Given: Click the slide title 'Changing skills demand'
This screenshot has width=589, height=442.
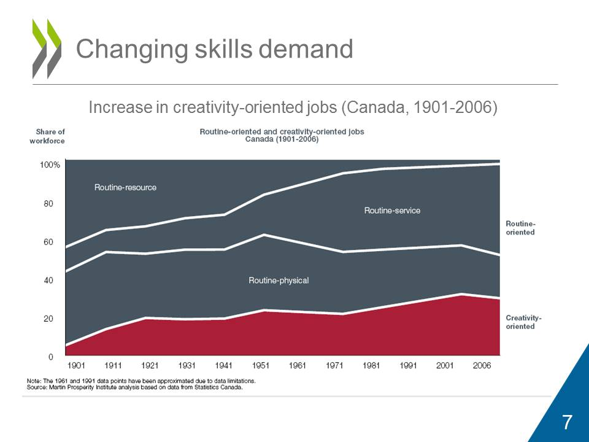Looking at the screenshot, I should (x=214, y=49).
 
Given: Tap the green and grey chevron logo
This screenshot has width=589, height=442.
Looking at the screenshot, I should (x=47, y=48).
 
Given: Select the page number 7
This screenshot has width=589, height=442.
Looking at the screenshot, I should (x=567, y=422).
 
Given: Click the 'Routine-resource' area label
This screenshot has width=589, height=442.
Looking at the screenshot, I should (x=125, y=187).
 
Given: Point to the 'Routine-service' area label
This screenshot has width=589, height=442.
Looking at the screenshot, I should (x=392, y=211).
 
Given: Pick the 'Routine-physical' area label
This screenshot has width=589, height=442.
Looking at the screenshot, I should (x=279, y=281).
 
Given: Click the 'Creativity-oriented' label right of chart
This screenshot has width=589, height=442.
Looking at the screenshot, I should (x=523, y=322).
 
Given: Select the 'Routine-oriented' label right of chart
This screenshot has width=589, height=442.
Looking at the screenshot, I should (x=520, y=228).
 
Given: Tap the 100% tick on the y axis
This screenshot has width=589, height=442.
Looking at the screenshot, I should (x=50, y=165).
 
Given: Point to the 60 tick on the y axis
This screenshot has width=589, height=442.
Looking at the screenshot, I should (x=47, y=242).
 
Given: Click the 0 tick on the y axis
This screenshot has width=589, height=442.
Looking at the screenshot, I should (x=50, y=357).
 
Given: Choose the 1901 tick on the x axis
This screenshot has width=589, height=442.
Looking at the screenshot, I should (x=76, y=366).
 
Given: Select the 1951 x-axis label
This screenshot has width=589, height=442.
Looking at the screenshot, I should (x=261, y=366).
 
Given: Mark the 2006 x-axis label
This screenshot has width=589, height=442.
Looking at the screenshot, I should (x=482, y=366).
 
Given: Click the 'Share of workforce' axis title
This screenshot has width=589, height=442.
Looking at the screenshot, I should (x=47, y=136).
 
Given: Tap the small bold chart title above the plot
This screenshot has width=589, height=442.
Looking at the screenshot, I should (x=282, y=135).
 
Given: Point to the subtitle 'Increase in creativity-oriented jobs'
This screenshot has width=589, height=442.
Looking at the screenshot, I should (x=293, y=107).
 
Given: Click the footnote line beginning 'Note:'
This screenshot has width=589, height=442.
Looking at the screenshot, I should (x=141, y=381).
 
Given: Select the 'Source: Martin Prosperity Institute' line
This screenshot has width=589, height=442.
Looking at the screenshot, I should (x=135, y=387).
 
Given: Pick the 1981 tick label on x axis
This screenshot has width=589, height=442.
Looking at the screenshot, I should (x=371, y=366).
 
